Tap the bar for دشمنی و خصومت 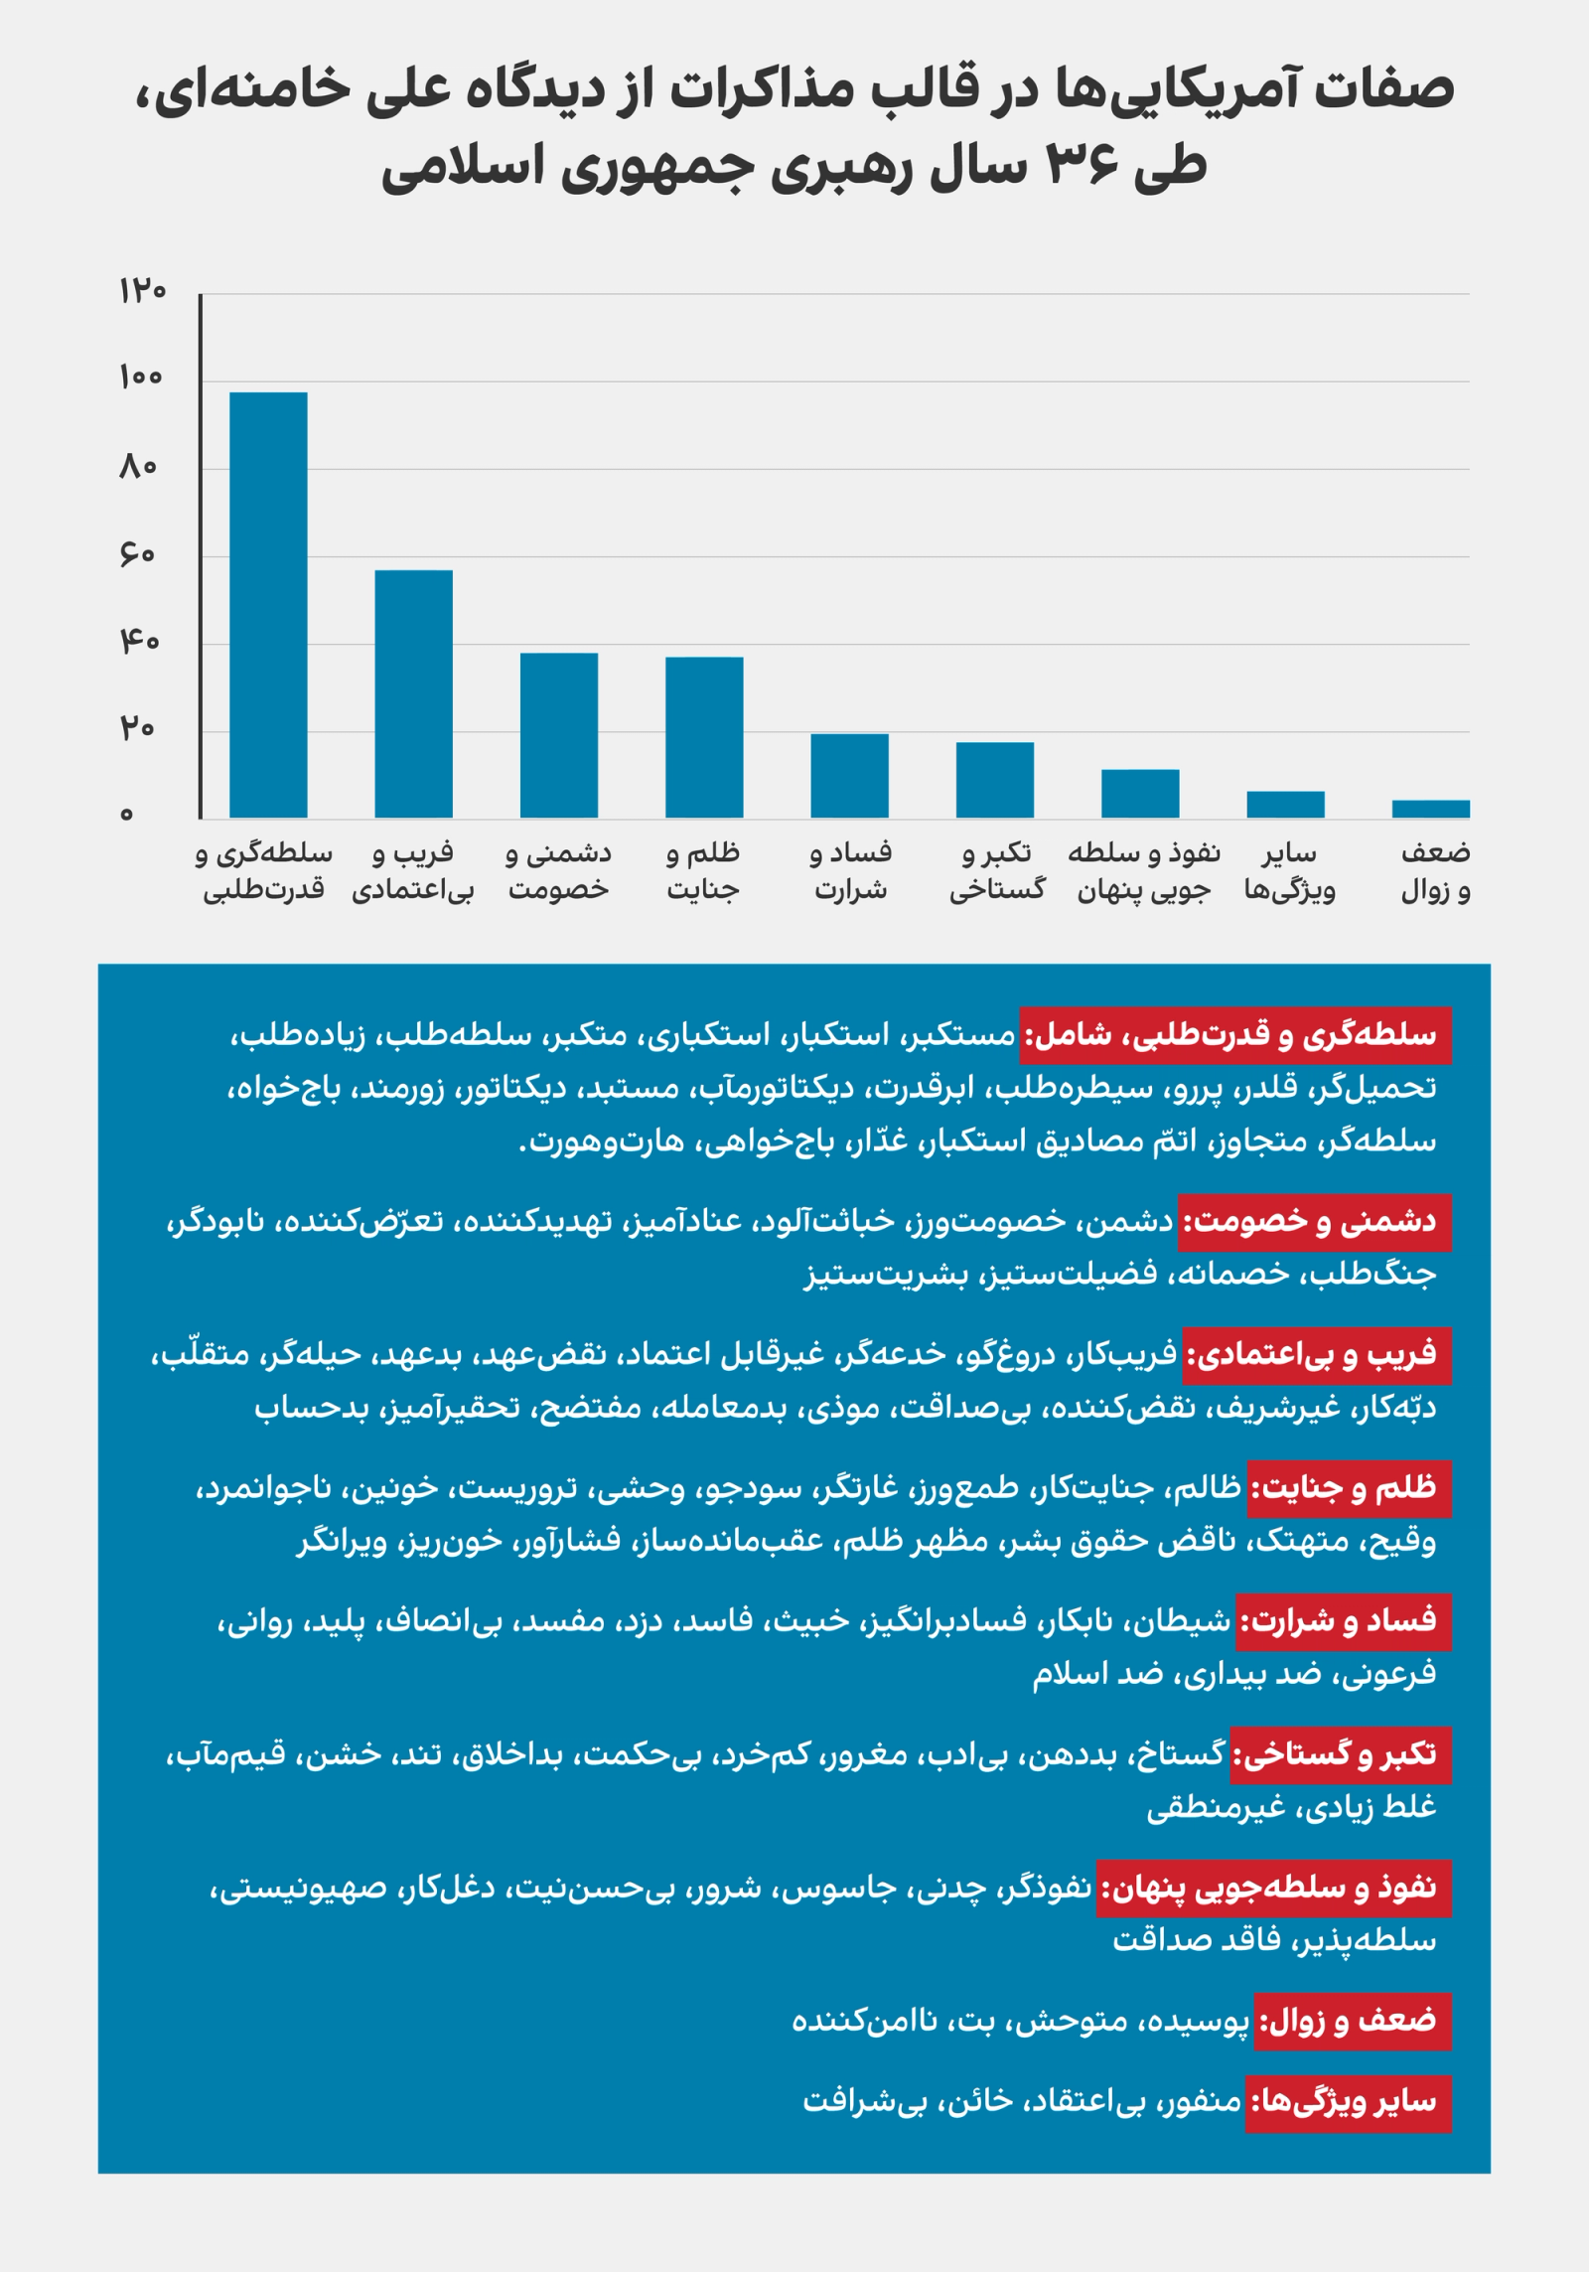pyautogui.click(x=559, y=735)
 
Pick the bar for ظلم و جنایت pyautogui.click(x=704, y=737)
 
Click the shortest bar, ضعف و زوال pyautogui.click(x=1430, y=809)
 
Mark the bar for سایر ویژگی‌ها pyautogui.click(x=1285, y=804)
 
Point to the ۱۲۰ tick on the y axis pyautogui.click(x=142, y=291)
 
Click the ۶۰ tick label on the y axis pyautogui.click(x=138, y=554)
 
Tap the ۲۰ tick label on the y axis pyautogui.click(x=138, y=729)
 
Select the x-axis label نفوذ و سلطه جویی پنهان pyautogui.click(x=1143, y=871)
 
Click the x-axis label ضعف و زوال pyautogui.click(x=1435, y=871)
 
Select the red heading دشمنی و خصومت pyautogui.click(x=1315, y=1221)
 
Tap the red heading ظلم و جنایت pyautogui.click(x=1349, y=1488)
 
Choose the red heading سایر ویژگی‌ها pyautogui.click(x=1348, y=2101)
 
